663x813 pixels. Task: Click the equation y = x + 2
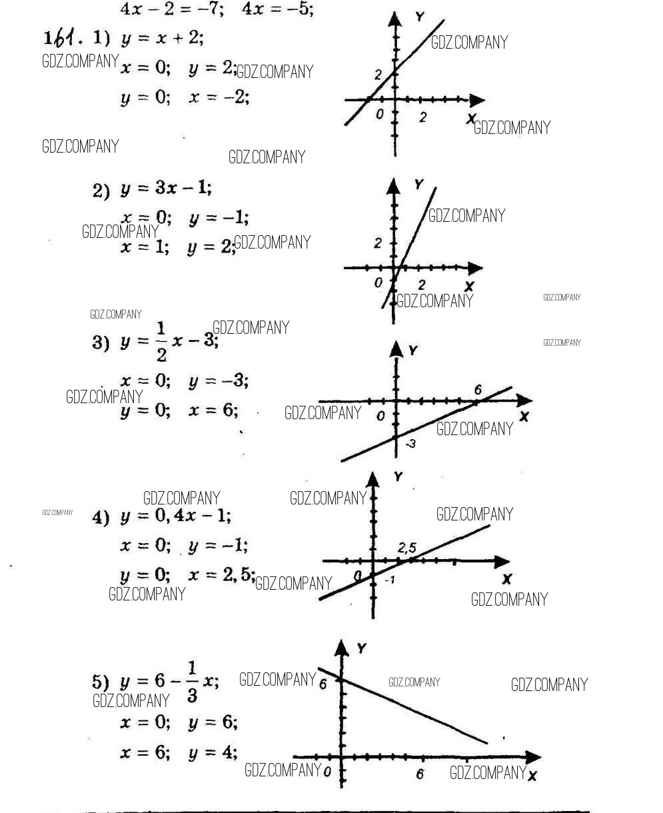162,39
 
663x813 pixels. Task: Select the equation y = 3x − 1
166,189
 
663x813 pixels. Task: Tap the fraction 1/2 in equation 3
161,343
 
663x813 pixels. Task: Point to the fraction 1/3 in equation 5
192,681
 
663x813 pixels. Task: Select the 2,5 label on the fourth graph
407,548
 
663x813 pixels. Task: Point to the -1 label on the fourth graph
390,580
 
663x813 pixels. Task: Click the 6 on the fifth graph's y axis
323,684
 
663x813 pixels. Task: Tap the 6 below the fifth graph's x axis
420,774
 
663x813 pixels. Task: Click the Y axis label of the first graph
419,17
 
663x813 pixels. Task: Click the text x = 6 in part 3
213,410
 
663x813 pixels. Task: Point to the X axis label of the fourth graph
506,579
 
